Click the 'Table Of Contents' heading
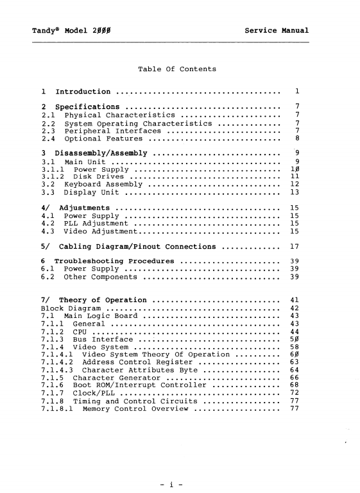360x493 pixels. (177, 69)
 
